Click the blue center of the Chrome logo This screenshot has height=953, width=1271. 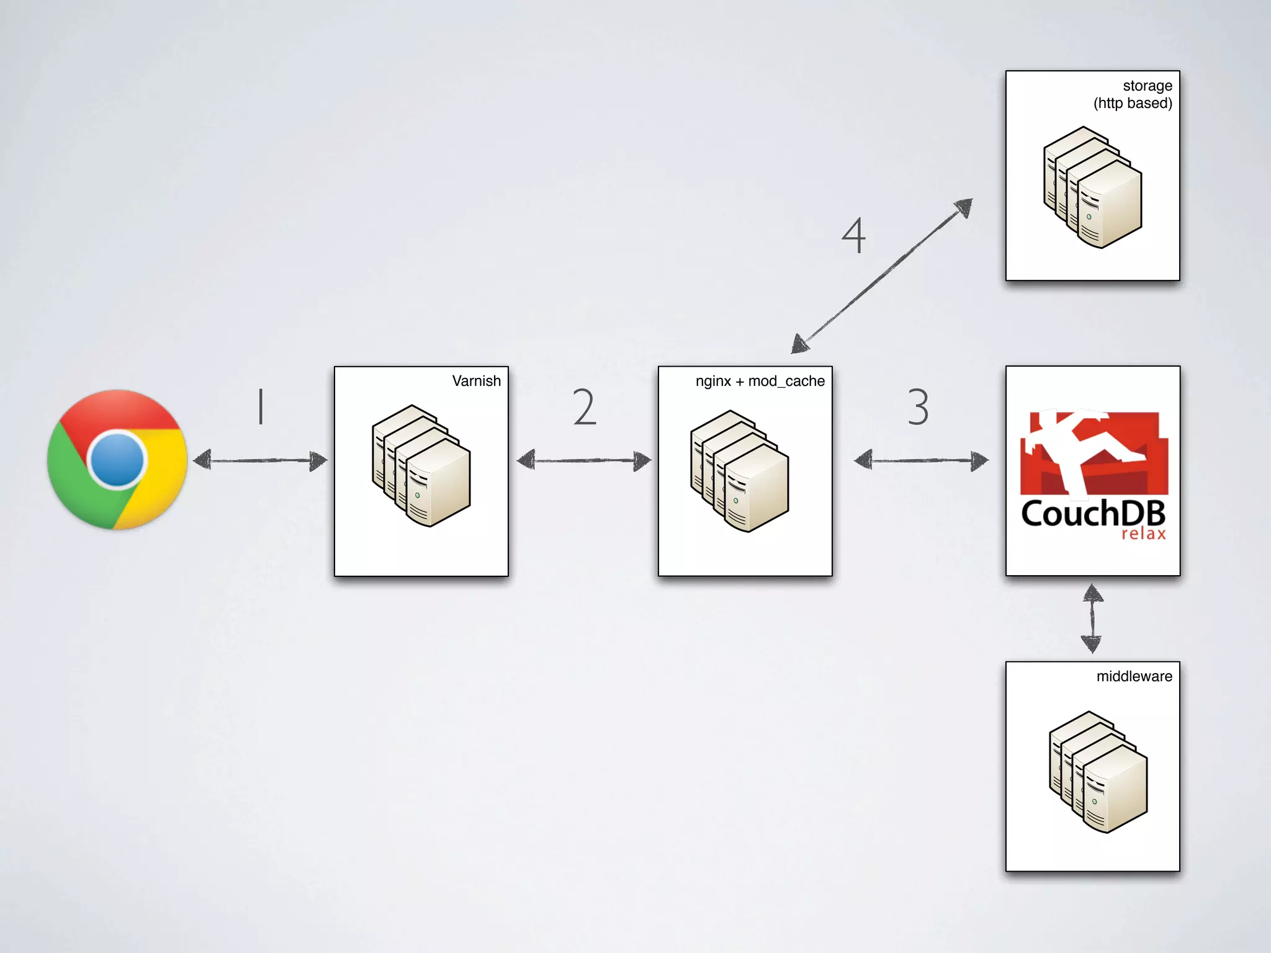click(117, 460)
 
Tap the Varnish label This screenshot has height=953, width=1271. click(476, 381)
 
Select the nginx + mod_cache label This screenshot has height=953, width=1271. click(760, 381)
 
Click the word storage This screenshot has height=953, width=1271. click(1147, 86)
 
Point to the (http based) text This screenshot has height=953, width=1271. click(1133, 103)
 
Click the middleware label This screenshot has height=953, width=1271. click(1134, 676)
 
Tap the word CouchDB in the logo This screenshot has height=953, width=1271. click(1092, 514)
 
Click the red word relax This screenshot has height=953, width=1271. click(1143, 534)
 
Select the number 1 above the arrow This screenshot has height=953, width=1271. click(261, 406)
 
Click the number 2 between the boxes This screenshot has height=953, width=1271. click(584, 407)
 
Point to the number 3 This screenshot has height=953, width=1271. click(918, 407)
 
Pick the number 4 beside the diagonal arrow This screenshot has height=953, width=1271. click(854, 235)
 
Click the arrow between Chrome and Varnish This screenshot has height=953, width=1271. click(260, 460)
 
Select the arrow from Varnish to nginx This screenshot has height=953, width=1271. click(584, 460)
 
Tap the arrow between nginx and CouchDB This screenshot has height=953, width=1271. click(921, 460)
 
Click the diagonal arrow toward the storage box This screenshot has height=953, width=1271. click(882, 277)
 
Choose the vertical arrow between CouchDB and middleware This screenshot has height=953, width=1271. click(1092, 619)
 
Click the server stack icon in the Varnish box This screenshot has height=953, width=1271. click(421, 466)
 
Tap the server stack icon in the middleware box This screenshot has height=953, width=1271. click(1098, 772)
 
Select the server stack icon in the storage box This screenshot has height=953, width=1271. click(1092, 187)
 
